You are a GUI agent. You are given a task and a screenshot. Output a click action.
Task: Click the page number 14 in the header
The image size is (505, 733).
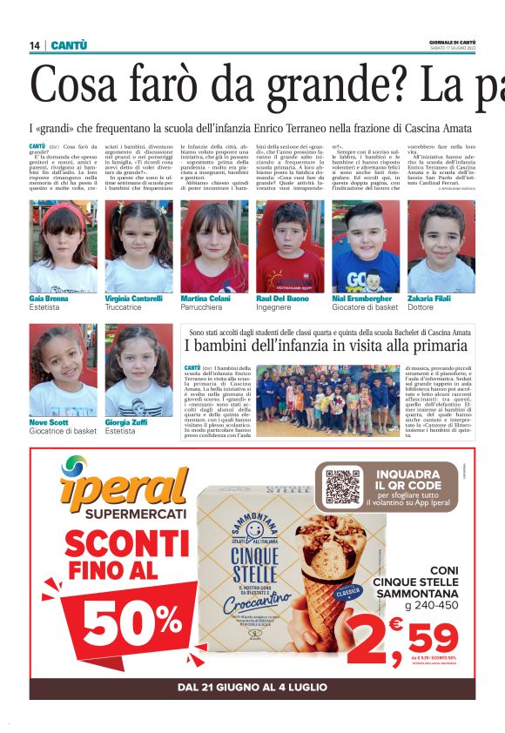pos(35,45)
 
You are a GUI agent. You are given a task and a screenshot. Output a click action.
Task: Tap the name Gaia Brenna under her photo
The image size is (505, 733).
pos(48,299)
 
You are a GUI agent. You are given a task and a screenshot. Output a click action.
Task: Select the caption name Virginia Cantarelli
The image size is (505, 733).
pos(133,299)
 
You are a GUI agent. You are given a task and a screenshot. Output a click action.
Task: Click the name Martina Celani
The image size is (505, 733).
pos(205,299)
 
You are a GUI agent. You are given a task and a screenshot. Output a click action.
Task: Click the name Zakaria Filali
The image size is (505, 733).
pos(432,299)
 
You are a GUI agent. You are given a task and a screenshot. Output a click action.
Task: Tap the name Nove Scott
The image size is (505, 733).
pos(49,422)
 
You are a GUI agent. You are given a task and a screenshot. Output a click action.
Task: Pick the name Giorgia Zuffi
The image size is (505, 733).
pos(125,422)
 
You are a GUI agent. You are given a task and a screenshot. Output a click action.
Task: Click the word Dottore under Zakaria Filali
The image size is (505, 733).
pos(421,307)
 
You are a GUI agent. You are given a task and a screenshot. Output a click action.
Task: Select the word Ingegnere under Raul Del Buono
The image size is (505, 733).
pos(274,307)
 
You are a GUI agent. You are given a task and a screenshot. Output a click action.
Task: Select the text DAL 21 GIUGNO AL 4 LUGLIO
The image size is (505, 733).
pos(252,687)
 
